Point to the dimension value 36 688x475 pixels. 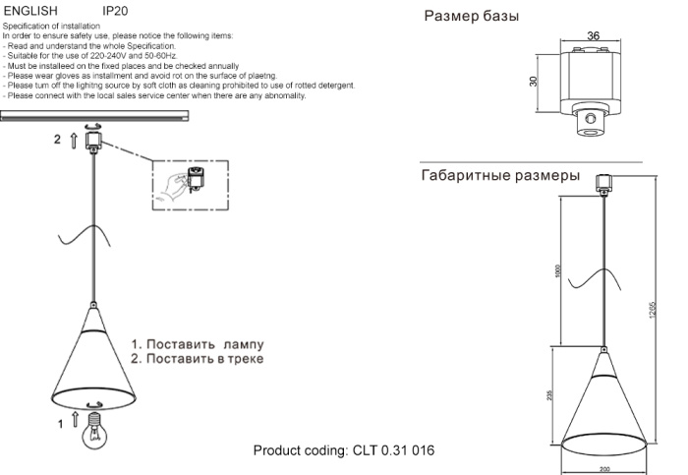(593, 36)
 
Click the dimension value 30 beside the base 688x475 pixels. (534, 82)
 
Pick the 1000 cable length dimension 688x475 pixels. (556, 270)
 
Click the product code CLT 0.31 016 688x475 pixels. (344, 450)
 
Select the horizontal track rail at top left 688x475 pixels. (94, 116)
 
